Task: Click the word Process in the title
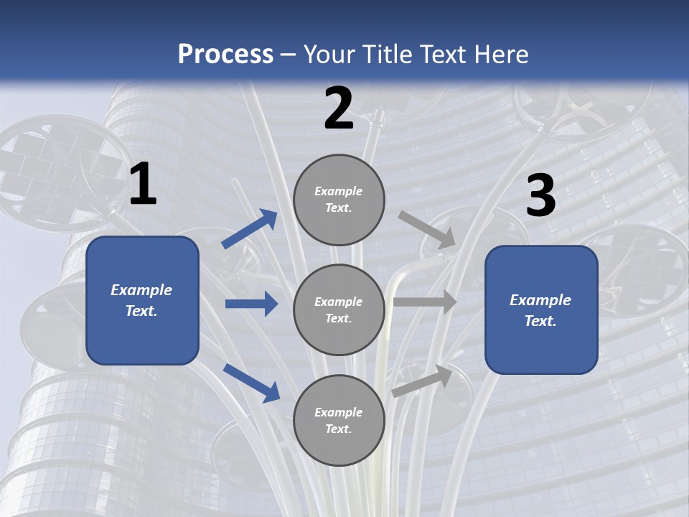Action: [225, 55]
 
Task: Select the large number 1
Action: [143, 185]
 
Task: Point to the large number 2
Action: [339, 108]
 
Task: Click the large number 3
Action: [540, 196]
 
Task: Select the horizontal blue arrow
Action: [251, 304]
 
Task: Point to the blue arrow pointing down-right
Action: [251, 382]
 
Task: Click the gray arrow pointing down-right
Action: [427, 229]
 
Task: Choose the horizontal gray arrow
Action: [425, 302]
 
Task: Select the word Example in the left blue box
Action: [141, 290]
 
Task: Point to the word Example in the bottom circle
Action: [339, 412]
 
